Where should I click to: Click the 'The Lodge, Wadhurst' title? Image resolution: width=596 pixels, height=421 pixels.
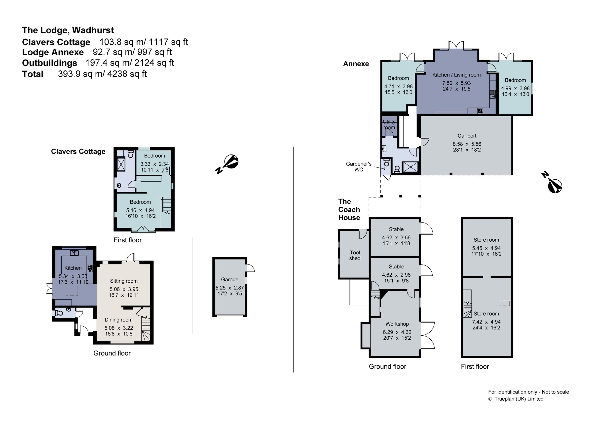click(x=68, y=30)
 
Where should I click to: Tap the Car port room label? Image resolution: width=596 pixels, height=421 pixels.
click(x=467, y=136)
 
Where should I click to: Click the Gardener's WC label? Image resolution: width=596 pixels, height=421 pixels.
click(x=359, y=166)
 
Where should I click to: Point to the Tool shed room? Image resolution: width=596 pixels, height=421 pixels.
click(x=354, y=255)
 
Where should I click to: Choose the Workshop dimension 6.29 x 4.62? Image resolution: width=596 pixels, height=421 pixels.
click(x=397, y=332)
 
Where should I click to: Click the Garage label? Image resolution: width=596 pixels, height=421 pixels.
click(x=229, y=279)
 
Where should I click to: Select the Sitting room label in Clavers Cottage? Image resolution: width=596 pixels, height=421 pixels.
click(x=124, y=281)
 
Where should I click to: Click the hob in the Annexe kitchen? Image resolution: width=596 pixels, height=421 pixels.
click(x=480, y=111)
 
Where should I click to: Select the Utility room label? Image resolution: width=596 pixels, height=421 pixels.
click(x=389, y=125)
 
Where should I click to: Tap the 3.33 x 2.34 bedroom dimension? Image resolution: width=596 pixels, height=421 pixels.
click(x=154, y=164)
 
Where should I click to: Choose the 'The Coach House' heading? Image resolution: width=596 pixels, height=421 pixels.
click(x=349, y=209)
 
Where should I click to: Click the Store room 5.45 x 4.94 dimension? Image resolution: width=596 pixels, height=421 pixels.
click(x=486, y=248)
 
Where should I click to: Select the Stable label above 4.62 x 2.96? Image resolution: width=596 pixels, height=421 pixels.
click(x=396, y=266)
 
